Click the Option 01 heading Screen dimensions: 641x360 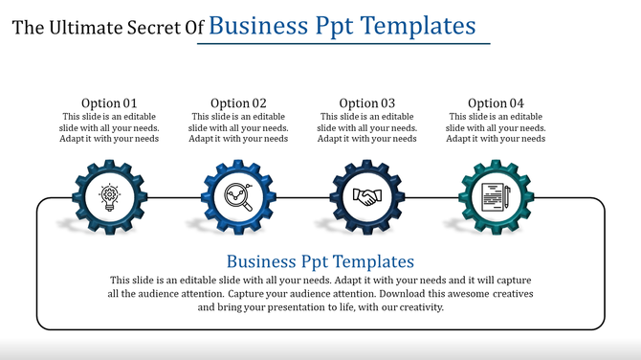tap(109, 103)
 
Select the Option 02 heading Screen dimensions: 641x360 tap(238, 103)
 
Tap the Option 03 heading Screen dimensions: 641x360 tap(366, 103)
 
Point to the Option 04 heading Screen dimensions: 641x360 tap(496, 103)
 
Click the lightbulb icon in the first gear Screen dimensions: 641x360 tap(109, 198)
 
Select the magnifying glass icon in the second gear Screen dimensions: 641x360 tap(238, 198)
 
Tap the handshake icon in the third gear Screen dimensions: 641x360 tap(366, 198)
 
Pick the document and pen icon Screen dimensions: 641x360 tap(496, 198)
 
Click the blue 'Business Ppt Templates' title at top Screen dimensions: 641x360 tap(342, 25)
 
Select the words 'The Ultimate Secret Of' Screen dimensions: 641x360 tap(108, 28)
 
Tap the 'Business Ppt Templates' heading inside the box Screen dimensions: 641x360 tap(320, 261)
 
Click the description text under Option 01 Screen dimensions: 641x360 tap(109, 127)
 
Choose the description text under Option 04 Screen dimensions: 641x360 tap(496, 127)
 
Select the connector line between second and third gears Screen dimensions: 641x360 tap(302, 198)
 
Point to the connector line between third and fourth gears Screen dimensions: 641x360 tap(431, 198)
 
